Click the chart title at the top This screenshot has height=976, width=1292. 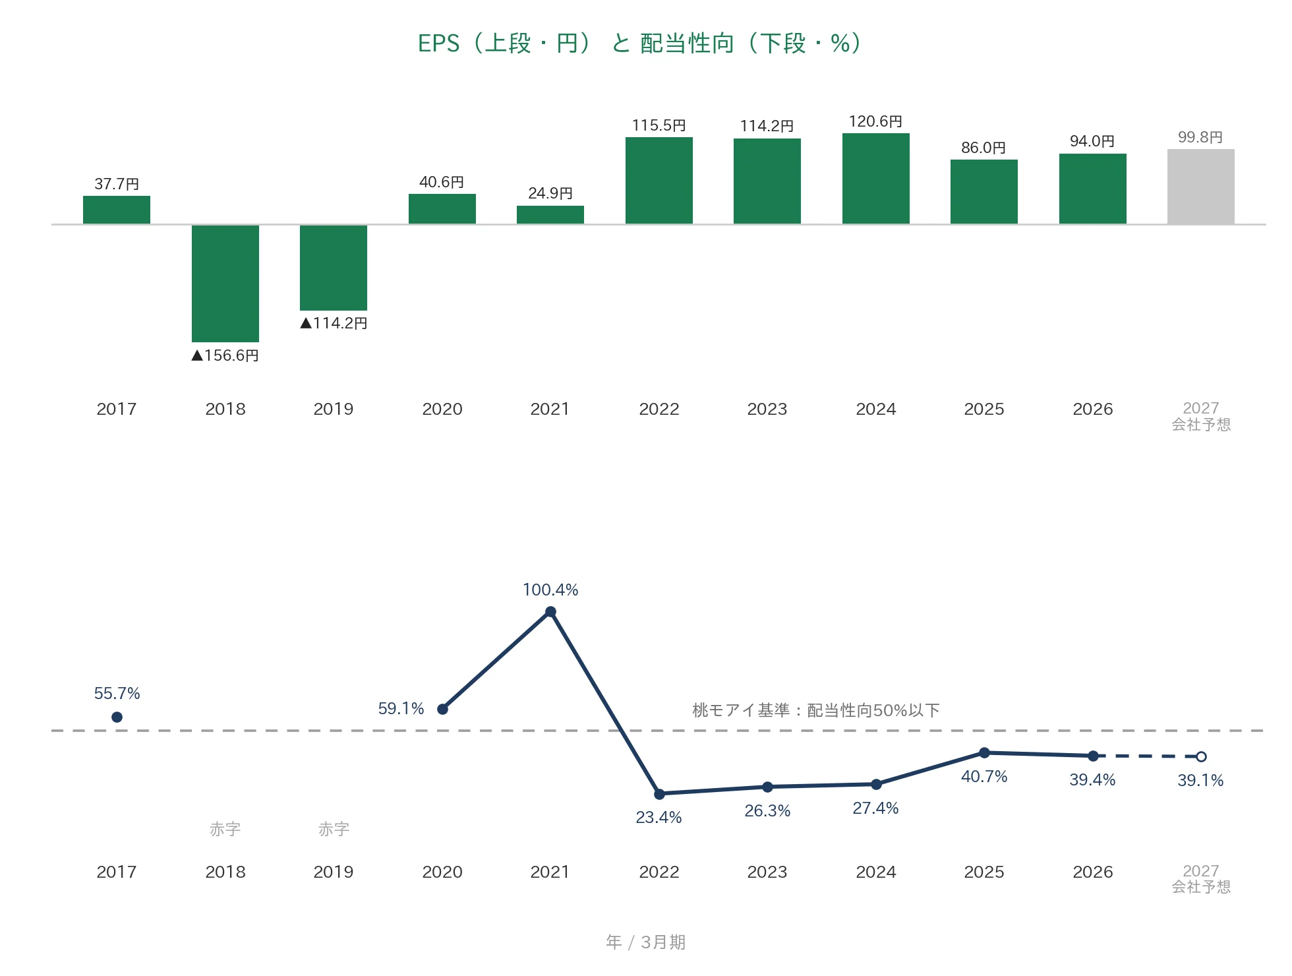639,44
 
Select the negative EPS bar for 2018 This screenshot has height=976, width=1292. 225,283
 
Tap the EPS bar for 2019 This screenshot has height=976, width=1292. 334,267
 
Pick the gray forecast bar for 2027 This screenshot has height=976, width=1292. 1201,187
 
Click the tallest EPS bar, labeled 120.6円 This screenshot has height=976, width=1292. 876,179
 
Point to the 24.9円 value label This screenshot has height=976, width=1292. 550,193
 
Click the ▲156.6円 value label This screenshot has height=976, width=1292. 225,355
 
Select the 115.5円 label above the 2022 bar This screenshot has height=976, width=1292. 659,125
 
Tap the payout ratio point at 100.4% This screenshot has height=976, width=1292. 550,612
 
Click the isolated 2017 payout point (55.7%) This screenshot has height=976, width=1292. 117,717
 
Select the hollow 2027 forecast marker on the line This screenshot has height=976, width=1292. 1201,756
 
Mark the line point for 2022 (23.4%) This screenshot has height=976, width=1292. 659,794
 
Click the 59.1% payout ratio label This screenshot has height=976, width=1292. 401,708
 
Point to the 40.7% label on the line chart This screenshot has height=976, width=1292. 984,776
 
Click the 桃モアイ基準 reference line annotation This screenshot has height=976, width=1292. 816,710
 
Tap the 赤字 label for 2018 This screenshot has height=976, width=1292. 225,829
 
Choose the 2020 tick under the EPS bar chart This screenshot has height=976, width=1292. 442,409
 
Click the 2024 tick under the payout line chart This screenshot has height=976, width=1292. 876,872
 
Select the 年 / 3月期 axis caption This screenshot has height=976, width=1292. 646,942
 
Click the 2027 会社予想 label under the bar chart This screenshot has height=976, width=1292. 1201,417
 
